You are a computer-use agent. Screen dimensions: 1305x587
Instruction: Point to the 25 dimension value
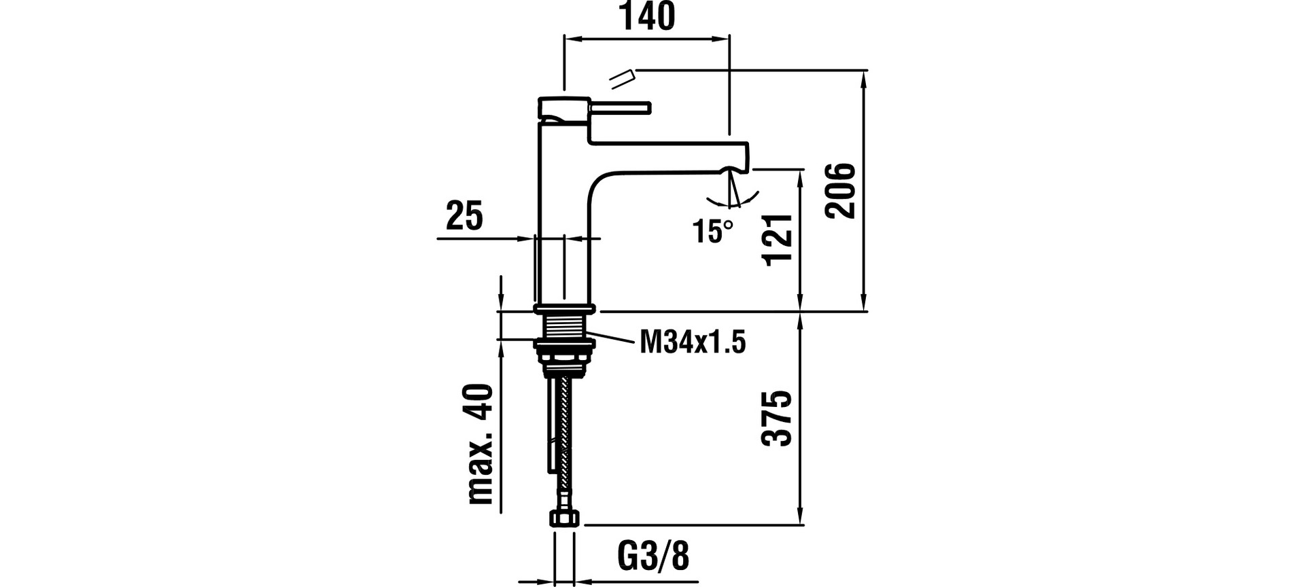click(465, 216)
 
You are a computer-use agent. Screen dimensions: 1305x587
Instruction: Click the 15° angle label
click(713, 232)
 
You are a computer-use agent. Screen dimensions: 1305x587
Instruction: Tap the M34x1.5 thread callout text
click(693, 342)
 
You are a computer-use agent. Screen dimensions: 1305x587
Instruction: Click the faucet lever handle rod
click(621, 107)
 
